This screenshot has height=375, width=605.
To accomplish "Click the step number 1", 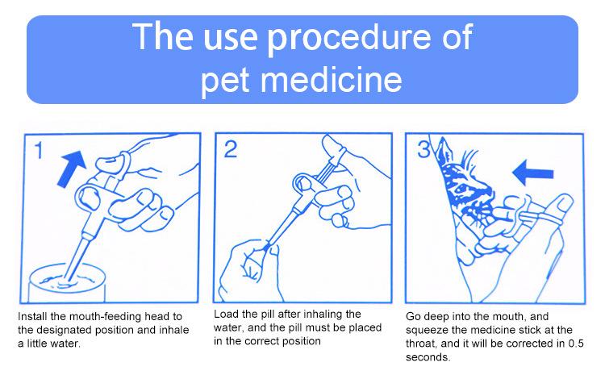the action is (38, 150).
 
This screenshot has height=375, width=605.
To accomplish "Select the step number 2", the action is (231, 149).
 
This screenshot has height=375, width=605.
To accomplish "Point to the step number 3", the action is (423, 149).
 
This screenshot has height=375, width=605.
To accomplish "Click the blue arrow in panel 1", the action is (71, 169).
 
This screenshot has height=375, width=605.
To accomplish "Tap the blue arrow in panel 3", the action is (532, 173).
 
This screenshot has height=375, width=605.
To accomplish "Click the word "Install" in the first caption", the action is (33, 316).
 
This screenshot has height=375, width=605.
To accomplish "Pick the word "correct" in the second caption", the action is (261, 341).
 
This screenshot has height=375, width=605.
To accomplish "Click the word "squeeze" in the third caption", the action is (428, 331).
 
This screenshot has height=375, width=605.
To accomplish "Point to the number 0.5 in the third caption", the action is (576, 344).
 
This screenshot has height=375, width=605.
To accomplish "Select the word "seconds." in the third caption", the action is (428, 357).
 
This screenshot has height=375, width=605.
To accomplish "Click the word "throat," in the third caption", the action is (421, 344).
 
